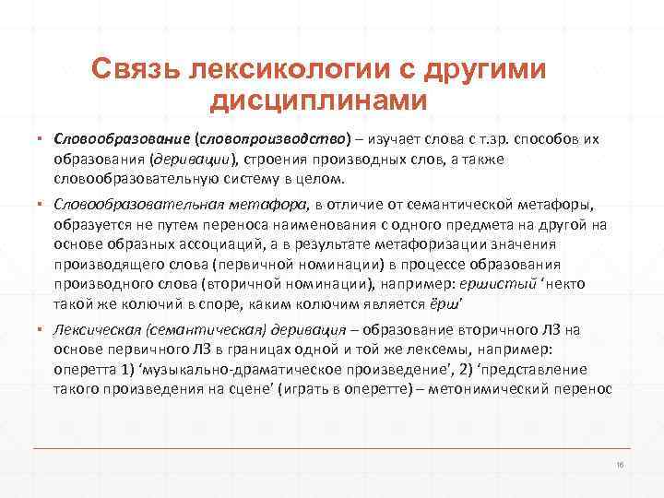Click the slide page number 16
620,464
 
